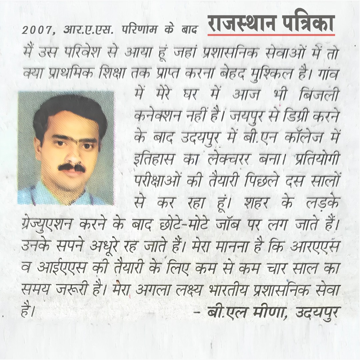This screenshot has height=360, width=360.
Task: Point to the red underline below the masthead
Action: (x=271, y=34)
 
